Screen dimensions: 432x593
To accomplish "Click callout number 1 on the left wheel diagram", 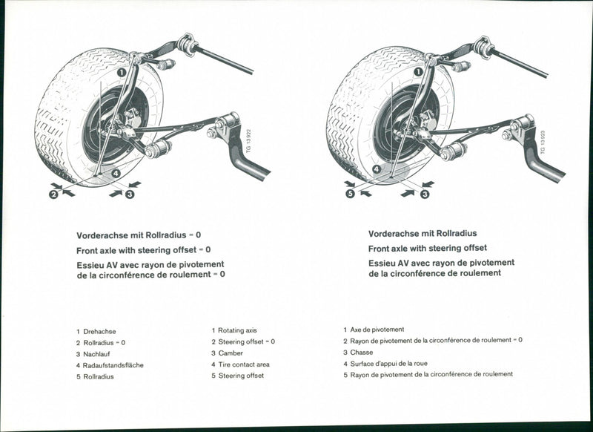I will [x=120, y=73].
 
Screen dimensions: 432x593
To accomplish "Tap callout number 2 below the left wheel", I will [x=53, y=194].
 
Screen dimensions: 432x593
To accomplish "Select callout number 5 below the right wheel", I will [x=350, y=194].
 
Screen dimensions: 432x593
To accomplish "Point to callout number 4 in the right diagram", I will [x=377, y=169].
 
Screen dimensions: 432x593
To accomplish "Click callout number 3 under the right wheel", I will [x=425, y=194].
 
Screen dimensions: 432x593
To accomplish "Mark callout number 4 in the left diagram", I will [x=116, y=174].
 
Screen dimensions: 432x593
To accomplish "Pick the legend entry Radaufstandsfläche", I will [x=113, y=365].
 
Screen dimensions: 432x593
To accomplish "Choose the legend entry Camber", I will [x=231, y=353].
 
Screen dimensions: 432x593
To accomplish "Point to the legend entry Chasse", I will [x=362, y=352].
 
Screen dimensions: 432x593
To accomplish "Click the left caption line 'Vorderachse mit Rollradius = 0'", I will [x=139, y=235].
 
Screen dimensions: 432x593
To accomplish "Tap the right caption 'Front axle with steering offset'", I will [x=428, y=248].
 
